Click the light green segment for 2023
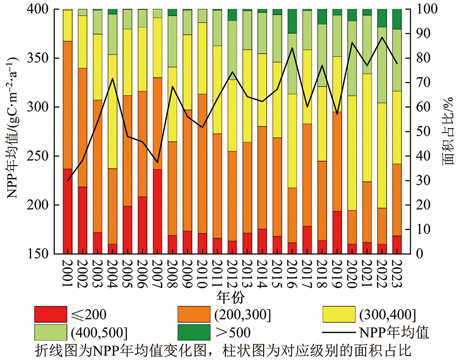(x=397, y=60)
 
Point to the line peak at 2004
(x=113, y=79)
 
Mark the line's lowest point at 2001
(x=68, y=181)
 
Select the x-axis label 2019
(x=337, y=272)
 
